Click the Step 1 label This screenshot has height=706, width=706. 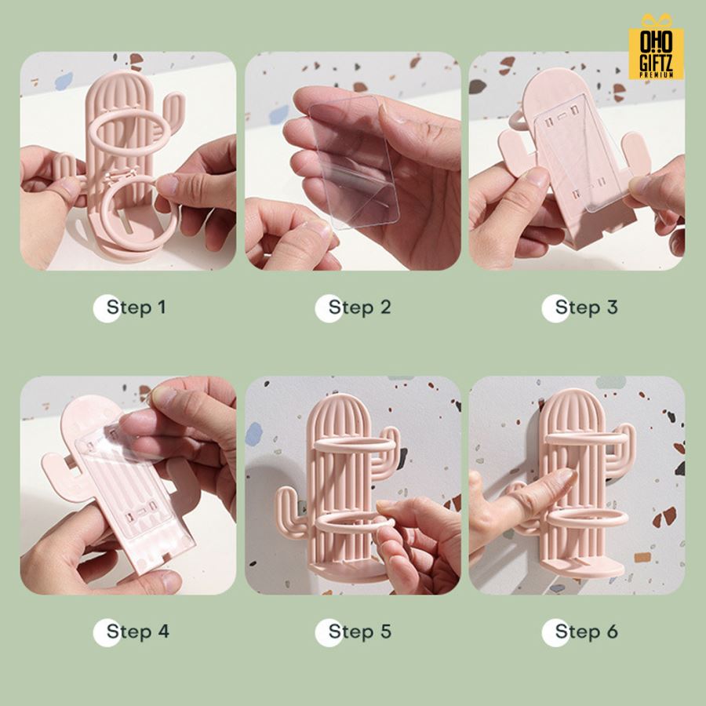[x=136, y=308]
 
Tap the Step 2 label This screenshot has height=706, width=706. [x=359, y=308]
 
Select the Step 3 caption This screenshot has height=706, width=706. [x=586, y=308]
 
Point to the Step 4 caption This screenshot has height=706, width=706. [x=138, y=631]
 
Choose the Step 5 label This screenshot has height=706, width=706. [x=359, y=631]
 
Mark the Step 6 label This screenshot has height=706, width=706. [x=586, y=631]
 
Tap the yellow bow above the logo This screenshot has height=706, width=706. [x=657, y=20]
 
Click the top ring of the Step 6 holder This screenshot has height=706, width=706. [x=585, y=438]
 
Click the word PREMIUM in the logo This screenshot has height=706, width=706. [x=657, y=75]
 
